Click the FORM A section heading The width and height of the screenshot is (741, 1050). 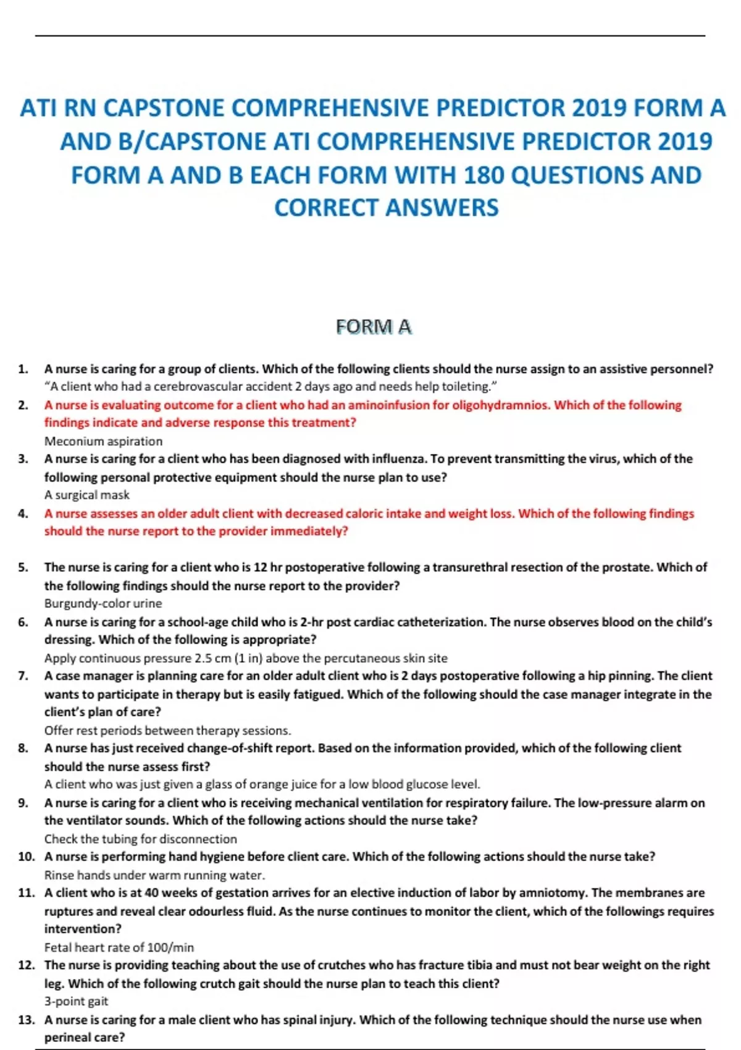(x=374, y=327)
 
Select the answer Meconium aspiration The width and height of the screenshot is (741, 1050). (x=103, y=441)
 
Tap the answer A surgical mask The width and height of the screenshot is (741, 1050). (x=86, y=495)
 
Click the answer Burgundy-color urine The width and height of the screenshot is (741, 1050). (x=103, y=603)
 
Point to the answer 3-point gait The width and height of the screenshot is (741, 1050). (x=76, y=1001)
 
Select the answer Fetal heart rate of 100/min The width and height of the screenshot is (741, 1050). (x=119, y=947)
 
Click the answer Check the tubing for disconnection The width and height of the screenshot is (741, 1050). (x=140, y=839)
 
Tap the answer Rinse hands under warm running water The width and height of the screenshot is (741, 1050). (x=154, y=875)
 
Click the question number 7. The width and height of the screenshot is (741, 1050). (x=23, y=676)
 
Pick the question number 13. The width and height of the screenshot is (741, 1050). (x=26, y=1020)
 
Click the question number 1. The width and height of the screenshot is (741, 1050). (x=23, y=369)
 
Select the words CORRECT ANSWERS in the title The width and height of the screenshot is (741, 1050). (x=386, y=208)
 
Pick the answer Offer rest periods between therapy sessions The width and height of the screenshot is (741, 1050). (x=167, y=730)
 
